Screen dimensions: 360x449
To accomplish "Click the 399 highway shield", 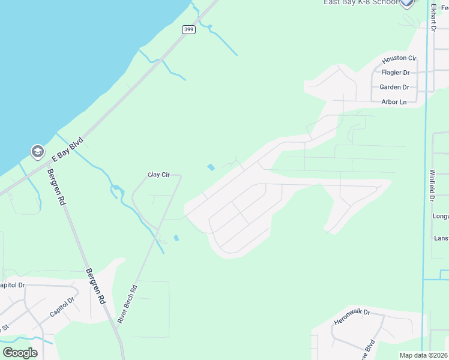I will point(188,29).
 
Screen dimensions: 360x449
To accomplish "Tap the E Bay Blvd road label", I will point(67,149).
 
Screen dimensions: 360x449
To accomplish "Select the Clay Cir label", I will point(159,175).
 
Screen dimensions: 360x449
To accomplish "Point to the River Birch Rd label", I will point(127,304).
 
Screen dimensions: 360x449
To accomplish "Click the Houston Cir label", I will point(399,59).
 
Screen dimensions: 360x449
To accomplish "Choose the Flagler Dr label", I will point(395,73).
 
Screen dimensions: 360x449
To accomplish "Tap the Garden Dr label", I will point(394,87).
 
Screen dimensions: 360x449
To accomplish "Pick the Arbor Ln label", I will point(394,102).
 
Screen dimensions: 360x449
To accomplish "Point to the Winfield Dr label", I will point(431,185).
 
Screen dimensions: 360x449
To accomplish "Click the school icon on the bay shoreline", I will point(37,151).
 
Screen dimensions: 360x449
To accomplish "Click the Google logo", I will point(20,353).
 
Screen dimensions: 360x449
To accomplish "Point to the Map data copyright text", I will point(424,355).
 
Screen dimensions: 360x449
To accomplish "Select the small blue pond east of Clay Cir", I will point(211,167).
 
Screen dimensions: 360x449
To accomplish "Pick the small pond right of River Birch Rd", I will point(176,238).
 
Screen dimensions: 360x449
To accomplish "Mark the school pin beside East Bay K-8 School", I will point(407,3).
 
